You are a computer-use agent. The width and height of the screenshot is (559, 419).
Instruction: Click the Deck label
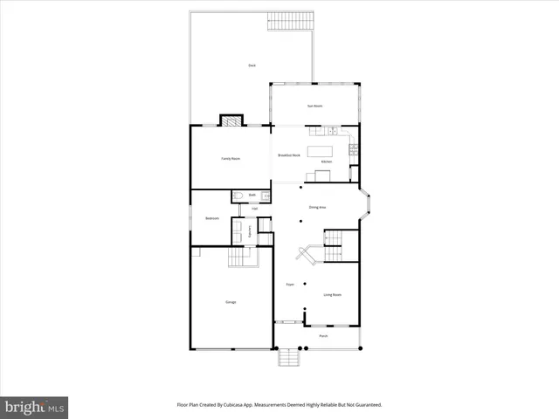(x=252, y=65)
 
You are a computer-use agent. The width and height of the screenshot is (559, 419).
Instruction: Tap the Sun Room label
(x=314, y=106)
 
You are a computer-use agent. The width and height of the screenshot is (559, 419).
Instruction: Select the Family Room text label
(x=230, y=158)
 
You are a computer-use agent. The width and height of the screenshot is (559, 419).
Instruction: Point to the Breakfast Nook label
(x=289, y=155)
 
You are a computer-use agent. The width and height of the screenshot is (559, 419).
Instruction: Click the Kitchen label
(x=327, y=162)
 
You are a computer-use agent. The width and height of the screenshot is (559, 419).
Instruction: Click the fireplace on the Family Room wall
(x=230, y=121)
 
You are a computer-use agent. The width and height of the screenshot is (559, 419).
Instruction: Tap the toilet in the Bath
(x=238, y=196)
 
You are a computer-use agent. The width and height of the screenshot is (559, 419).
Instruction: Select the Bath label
(x=252, y=195)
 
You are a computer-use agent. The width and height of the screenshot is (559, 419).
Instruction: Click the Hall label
(x=254, y=209)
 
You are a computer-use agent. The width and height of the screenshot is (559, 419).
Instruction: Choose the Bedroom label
(x=211, y=218)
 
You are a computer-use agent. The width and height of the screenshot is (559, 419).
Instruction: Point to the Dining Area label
(x=317, y=207)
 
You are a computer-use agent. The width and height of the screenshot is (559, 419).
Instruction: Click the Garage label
(x=231, y=302)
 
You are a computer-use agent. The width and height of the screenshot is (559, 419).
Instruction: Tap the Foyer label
(x=289, y=285)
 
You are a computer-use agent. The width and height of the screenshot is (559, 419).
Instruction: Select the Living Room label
(x=332, y=295)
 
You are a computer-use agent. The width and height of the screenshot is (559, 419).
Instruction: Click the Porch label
(x=322, y=335)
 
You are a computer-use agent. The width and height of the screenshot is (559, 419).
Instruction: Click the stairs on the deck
(x=289, y=21)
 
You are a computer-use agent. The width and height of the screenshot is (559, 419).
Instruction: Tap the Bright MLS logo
(x=35, y=407)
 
